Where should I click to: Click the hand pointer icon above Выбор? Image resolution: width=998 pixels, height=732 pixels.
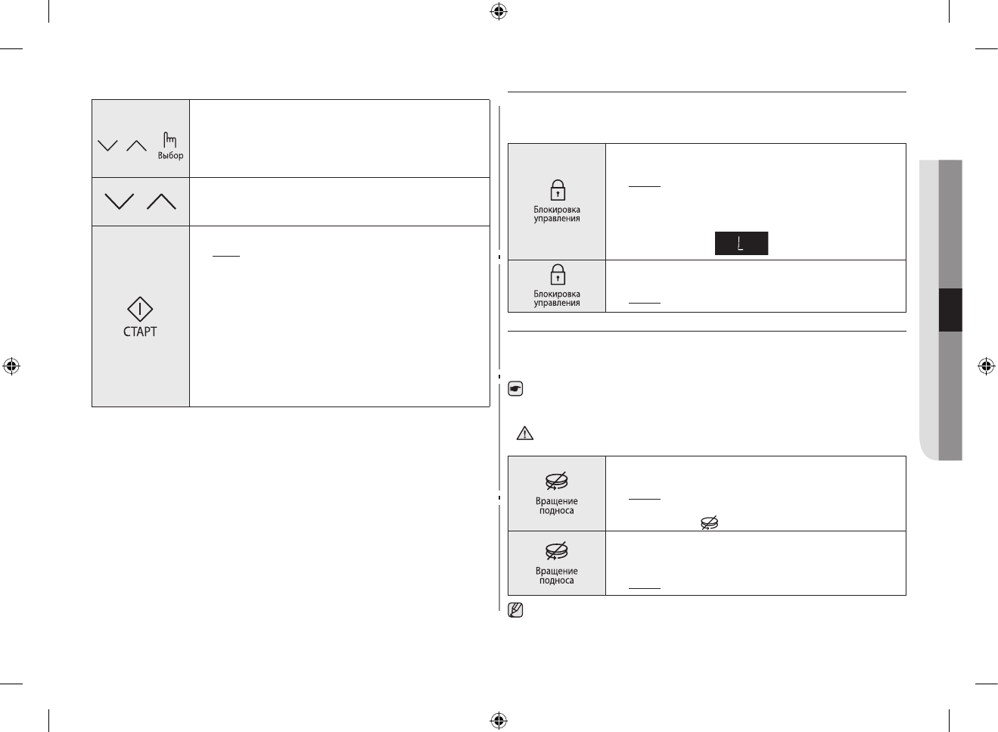click(169, 139)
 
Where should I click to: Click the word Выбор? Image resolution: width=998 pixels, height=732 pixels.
click(170, 156)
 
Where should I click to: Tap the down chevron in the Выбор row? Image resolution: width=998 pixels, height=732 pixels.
click(108, 145)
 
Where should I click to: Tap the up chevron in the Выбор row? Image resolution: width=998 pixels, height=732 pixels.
click(136, 145)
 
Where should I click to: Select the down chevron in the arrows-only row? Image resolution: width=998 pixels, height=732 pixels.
click(120, 201)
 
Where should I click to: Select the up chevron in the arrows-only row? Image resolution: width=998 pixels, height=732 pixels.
click(161, 201)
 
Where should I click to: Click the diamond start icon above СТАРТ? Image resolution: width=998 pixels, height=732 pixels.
click(140, 309)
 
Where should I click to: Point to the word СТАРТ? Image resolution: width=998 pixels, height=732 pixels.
click(140, 332)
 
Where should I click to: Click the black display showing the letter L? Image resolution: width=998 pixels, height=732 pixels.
click(742, 243)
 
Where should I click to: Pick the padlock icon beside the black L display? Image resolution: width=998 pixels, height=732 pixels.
click(557, 189)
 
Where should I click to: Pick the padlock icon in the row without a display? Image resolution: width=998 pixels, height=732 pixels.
click(557, 273)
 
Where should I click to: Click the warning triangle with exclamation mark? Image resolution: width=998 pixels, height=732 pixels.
click(524, 433)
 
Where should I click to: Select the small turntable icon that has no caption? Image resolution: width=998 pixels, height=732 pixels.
click(709, 522)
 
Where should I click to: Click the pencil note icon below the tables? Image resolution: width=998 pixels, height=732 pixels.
click(516, 609)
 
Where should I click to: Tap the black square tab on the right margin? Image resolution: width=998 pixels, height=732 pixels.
click(950, 310)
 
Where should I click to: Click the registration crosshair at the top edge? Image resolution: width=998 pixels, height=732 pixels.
click(498, 11)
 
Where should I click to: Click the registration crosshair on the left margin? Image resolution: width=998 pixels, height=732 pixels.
click(11, 366)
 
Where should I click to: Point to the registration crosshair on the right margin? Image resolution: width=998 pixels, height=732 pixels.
click(986, 366)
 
